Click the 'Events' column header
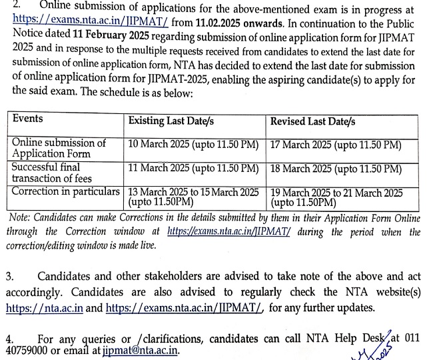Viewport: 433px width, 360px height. pos(27,119)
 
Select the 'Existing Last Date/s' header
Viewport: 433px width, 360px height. pos(171,121)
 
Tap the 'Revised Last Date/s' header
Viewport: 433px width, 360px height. pos(313,121)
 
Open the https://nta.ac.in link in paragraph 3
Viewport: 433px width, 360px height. pos(45,308)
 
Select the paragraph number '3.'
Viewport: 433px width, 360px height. pos(10,276)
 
